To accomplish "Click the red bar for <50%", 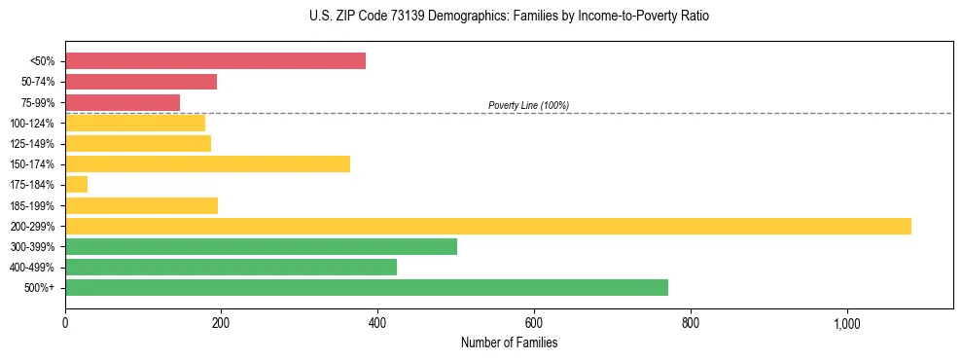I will pos(215,61).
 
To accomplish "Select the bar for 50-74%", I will pos(141,82).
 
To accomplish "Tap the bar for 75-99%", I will pos(123,102).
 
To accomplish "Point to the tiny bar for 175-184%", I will pos(76,184).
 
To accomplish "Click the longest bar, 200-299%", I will pos(487,226).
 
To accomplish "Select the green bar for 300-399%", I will pos(261,246).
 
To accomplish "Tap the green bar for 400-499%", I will pos(231,267).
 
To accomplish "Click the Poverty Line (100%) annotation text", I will pos(528,105).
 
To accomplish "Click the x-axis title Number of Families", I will pos(509,343).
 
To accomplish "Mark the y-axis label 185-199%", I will pos(32,205).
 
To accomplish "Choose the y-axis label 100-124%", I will pos(32,123).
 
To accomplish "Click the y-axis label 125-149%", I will pos(32,143).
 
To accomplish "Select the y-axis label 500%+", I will pos(40,288).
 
